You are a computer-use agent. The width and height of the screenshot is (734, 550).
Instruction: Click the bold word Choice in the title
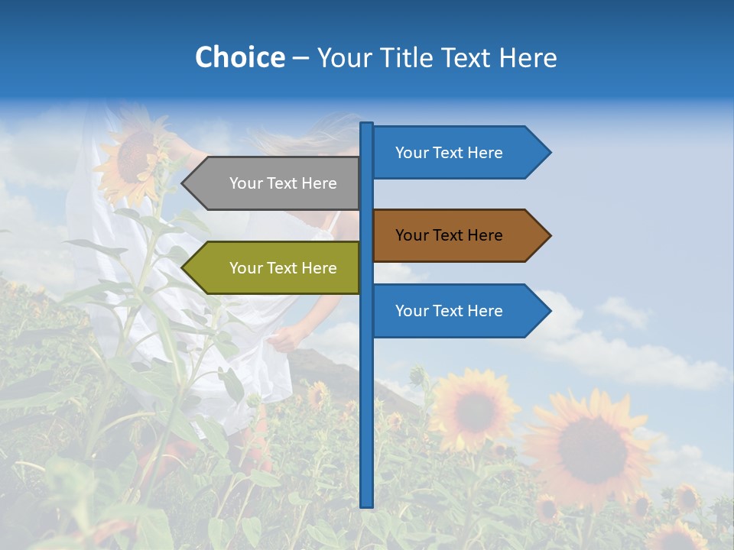coord(239,57)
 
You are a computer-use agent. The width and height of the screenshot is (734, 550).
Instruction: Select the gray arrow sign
coord(275,183)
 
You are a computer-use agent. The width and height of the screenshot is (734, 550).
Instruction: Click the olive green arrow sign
coord(275,268)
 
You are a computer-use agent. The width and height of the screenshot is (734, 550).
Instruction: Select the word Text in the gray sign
coord(283,183)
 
